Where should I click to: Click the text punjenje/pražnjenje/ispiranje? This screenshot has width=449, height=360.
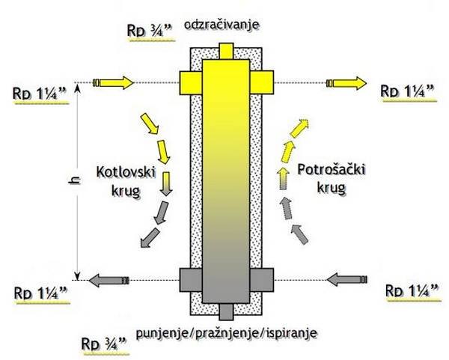(225, 330)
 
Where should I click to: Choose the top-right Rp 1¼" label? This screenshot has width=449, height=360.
(408, 91)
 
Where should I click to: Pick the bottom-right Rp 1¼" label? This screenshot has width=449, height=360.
(408, 289)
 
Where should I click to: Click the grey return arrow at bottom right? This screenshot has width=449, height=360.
(346, 280)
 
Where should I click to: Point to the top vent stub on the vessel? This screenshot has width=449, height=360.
(224, 50)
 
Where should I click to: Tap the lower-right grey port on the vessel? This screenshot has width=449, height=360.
(260, 280)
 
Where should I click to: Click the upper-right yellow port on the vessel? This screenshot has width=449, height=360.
(260, 81)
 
